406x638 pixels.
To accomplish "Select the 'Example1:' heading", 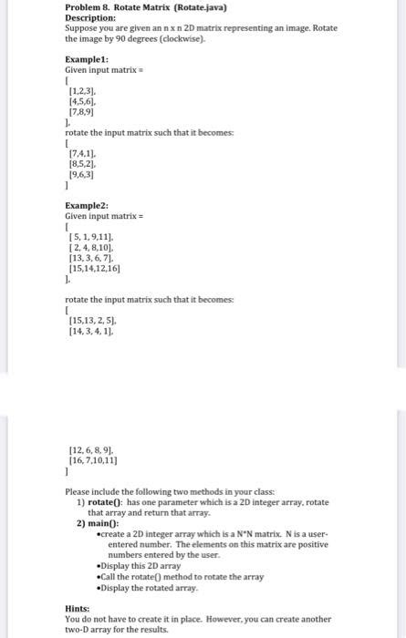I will coord(88,57).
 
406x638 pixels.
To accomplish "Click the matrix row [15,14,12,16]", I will coord(96,270).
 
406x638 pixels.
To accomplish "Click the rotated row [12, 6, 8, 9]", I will coord(93,451).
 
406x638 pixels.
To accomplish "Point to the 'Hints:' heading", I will coord(78,609).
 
